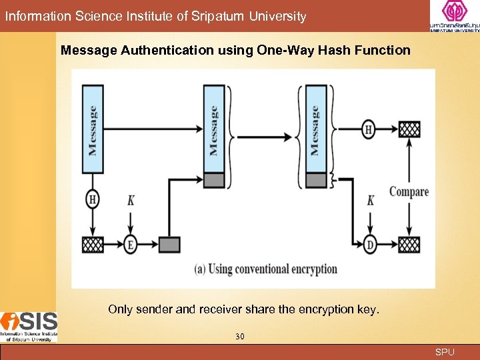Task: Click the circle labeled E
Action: coord(131,245)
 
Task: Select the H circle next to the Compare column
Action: coord(369,129)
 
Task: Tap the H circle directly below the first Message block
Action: coord(93,199)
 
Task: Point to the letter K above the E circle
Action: coord(131,199)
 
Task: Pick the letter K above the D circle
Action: coord(371,199)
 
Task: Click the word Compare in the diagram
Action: coord(409,192)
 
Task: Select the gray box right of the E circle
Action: coord(169,245)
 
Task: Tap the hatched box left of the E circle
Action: coord(93,245)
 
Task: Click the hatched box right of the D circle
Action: coord(409,244)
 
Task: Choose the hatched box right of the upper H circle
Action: coord(409,129)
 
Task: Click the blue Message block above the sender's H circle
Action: coord(93,130)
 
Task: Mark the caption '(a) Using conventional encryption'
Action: coord(265,269)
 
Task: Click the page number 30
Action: coord(240,337)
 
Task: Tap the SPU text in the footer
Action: coord(445,352)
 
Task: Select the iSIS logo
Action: coord(29,327)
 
